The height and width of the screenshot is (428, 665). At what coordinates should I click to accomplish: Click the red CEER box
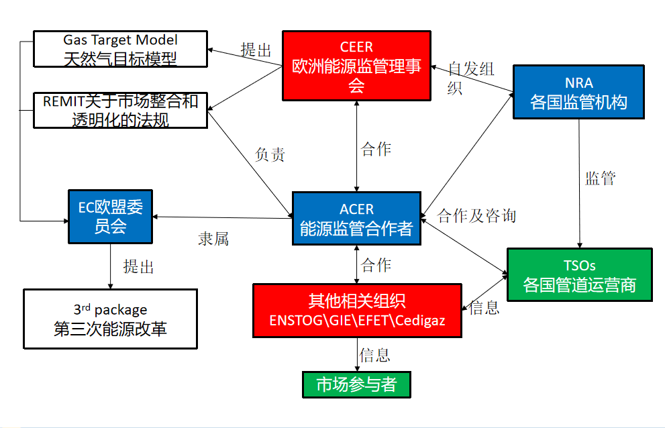pyautogui.click(x=356, y=66)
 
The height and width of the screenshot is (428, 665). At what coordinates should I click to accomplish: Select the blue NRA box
pyautogui.click(x=578, y=92)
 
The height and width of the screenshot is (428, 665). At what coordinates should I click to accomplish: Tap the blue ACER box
pyautogui.click(x=356, y=218)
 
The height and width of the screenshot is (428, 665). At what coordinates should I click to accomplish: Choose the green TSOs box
pyautogui.click(x=579, y=275)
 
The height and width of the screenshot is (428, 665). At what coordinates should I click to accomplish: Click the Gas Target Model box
pyautogui.click(x=120, y=49)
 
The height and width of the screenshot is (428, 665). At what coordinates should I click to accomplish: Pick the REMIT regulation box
pyautogui.click(x=120, y=111)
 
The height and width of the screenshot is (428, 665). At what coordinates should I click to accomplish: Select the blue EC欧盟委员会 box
pyautogui.click(x=111, y=217)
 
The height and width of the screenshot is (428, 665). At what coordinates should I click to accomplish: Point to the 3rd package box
pyautogui.click(x=110, y=319)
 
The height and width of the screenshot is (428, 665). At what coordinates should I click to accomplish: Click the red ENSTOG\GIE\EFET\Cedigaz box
pyautogui.click(x=357, y=310)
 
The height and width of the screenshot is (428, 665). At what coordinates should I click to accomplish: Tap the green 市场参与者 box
pyautogui.click(x=355, y=384)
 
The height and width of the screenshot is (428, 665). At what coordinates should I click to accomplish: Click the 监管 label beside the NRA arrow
pyautogui.click(x=600, y=178)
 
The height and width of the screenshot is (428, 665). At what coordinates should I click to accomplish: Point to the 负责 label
pyautogui.click(x=270, y=154)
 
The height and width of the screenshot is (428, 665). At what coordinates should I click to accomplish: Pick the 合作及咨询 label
pyautogui.click(x=476, y=215)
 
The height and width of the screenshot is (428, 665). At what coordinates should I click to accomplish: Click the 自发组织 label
pyautogui.click(x=470, y=78)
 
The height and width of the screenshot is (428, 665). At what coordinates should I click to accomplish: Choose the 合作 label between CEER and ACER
pyautogui.click(x=376, y=149)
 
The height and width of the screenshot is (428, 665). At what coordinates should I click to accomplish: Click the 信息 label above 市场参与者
pyautogui.click(x=374, y=354)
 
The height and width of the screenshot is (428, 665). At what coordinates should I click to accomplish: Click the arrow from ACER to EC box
pyautogui.click(x=221, y=217)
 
